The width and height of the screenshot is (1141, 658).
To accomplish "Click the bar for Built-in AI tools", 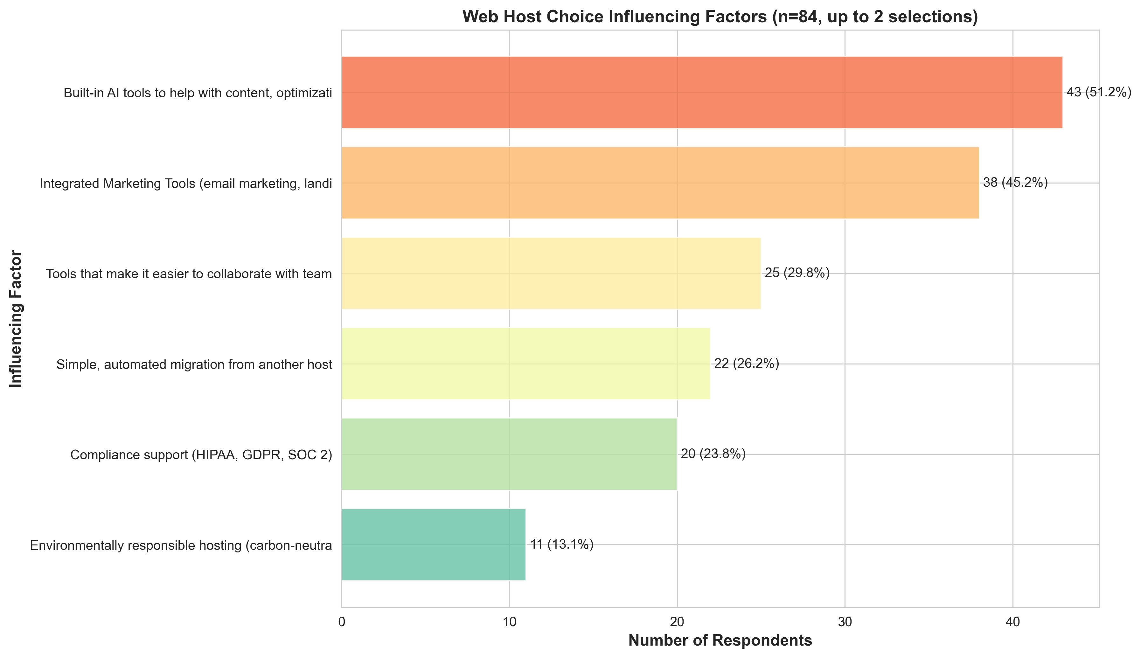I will pyautogui.click(x=701, y=92).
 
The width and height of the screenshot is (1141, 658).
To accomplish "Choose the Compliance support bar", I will pyautogui.click(x=509, y=454).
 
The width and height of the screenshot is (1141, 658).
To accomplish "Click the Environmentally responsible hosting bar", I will pyautogui.click(x=433, y=544).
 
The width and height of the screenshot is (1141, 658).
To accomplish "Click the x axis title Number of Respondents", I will pyautogui.click(x=720, y=641).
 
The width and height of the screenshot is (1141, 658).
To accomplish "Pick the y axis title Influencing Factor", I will pyautogui.click(x=16, y=319).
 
